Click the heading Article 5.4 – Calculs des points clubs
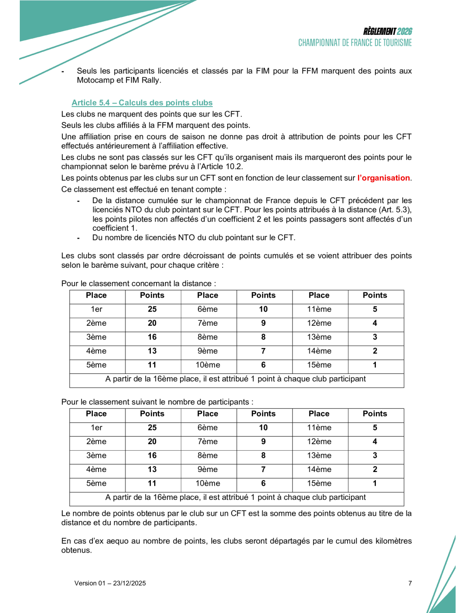click(x=142, y=103)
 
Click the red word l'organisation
click(x=383, y=178)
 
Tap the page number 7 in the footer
click(x=410, y=583)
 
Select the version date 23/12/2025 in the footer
click(x=129, y=583)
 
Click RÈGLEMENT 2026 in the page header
click(x=387, y=32)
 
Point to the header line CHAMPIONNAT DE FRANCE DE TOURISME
click(x=355, y=43)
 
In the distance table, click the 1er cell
click(x=97, y=309)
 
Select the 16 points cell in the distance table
click(x=152, y=337)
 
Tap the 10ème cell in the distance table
click(x=208, y=365)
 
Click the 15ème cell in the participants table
click(x=319, y=483)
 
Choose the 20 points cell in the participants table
click(x=152, y=442)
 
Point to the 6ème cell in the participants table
click(x=208, y=428)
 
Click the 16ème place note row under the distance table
click(x=236, y=379)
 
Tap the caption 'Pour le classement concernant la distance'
click(x=139, y=283)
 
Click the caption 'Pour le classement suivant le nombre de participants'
click(x=157, y=402)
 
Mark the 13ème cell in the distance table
click(x=319, y=337)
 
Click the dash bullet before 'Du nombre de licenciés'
click(x=78, y=238)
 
